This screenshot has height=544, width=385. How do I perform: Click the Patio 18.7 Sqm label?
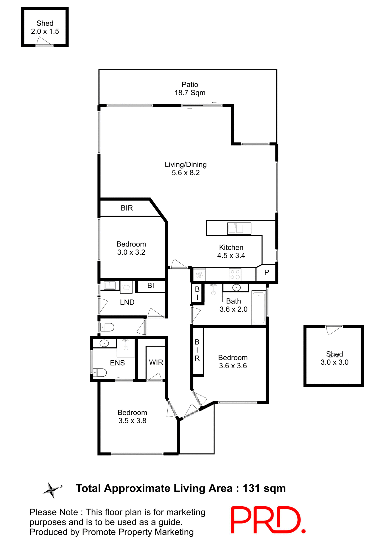[x=190, y=89]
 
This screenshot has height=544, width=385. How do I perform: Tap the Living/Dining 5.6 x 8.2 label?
[x=186, y=169]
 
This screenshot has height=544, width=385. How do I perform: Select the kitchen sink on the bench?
[x=239, y=228]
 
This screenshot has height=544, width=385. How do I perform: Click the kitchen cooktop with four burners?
[x=235, y=274]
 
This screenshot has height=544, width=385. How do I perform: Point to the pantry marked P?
[x=266, y=273]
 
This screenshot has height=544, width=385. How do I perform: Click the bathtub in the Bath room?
[x=258, y=307]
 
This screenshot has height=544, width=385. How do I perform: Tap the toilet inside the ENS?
[x=100, y=372]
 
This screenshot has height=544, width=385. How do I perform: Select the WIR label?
[x=156, y=362]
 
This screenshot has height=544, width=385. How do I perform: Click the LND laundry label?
[x=127, y=302]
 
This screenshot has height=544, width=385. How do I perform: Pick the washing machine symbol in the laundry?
[x=126, y=287]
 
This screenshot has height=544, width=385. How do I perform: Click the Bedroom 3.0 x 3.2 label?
[x=131, y=248]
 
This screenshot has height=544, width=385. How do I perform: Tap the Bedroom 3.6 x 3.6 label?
[x=233, y=362]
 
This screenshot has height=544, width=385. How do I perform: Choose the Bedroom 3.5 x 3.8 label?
[x=132, y=416]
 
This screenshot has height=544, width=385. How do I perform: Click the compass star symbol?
[x=52, y=490]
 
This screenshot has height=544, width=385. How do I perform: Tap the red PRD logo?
[x=268, y=520]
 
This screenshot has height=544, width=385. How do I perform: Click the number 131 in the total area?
[x=251, y=488]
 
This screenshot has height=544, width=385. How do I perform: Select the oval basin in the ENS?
[x=104, y=343]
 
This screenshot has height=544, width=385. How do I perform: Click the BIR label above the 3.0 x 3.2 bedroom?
[x=127, y=208]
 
